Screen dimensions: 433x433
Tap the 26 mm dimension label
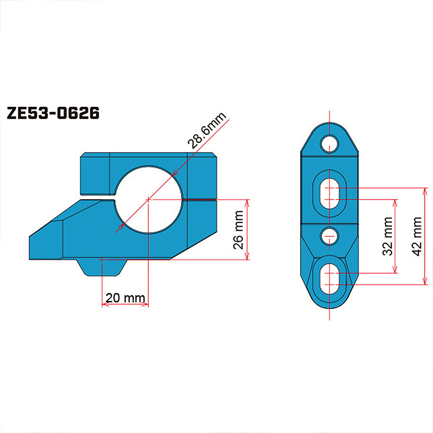tap(238, 230)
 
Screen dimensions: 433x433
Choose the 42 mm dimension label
tap(417, 236)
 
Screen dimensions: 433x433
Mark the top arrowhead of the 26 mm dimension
tap(248, 202)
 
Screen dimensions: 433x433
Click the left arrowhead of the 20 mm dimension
tap(104, 305)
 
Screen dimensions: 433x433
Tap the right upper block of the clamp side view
tap(201, 175)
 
